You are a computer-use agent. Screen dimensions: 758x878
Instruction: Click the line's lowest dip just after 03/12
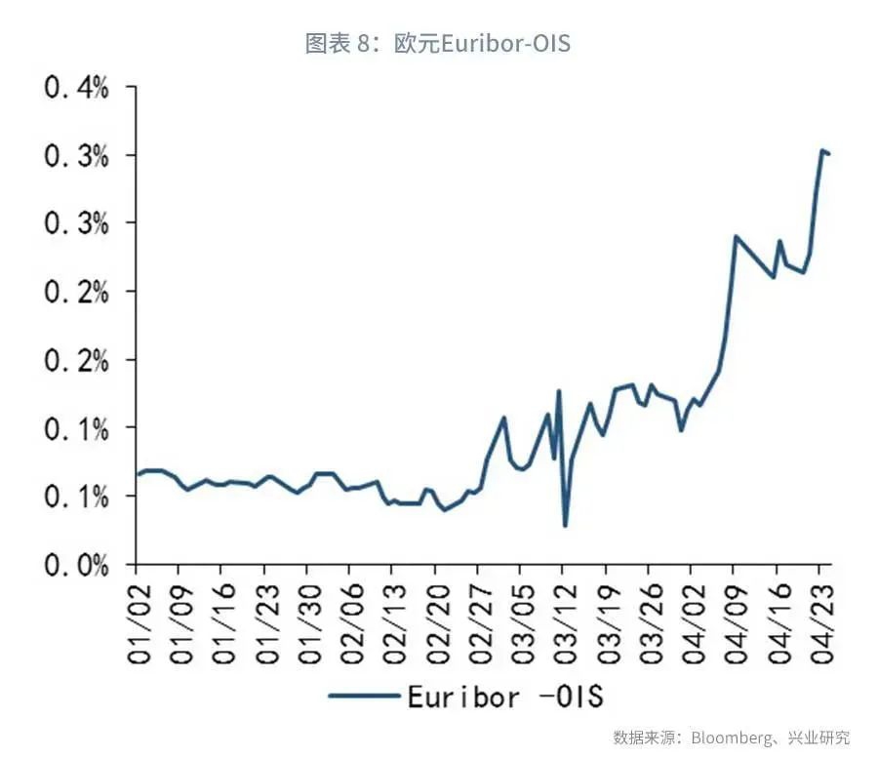[566, 526]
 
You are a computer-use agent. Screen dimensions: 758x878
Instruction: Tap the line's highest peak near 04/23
[822, 150]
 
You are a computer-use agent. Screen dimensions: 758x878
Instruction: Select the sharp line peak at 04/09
[736, 236]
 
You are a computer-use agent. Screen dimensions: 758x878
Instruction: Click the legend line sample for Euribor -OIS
[363, 696]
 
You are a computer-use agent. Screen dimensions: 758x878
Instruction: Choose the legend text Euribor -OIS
[505, 696]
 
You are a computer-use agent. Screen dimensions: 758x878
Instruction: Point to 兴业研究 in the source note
[823, 737]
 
